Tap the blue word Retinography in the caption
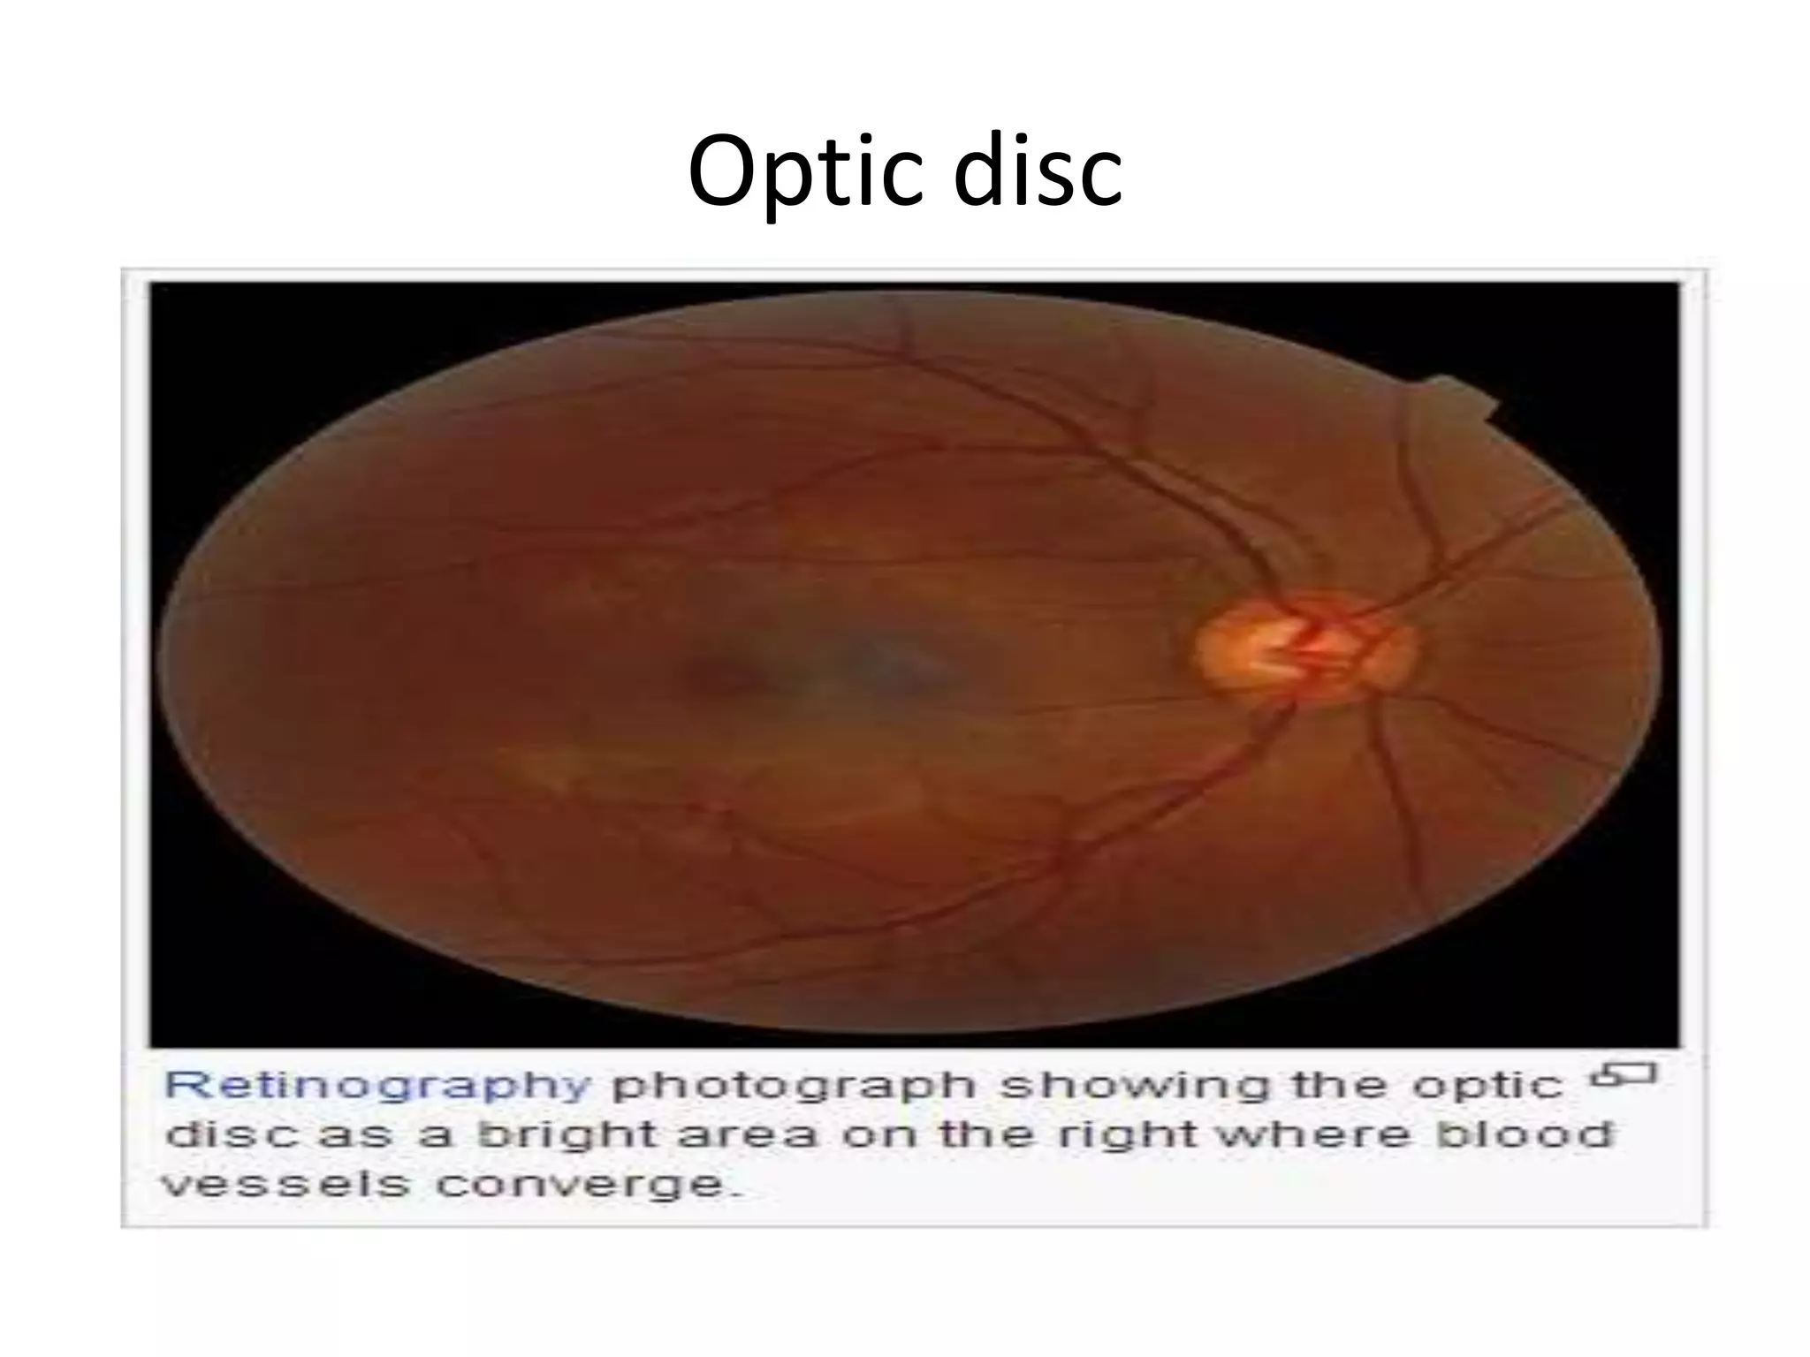coord(377,1086)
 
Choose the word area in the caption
coord(747,1135)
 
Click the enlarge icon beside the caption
coord(1623,1076)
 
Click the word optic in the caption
coord(1487,1086)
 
